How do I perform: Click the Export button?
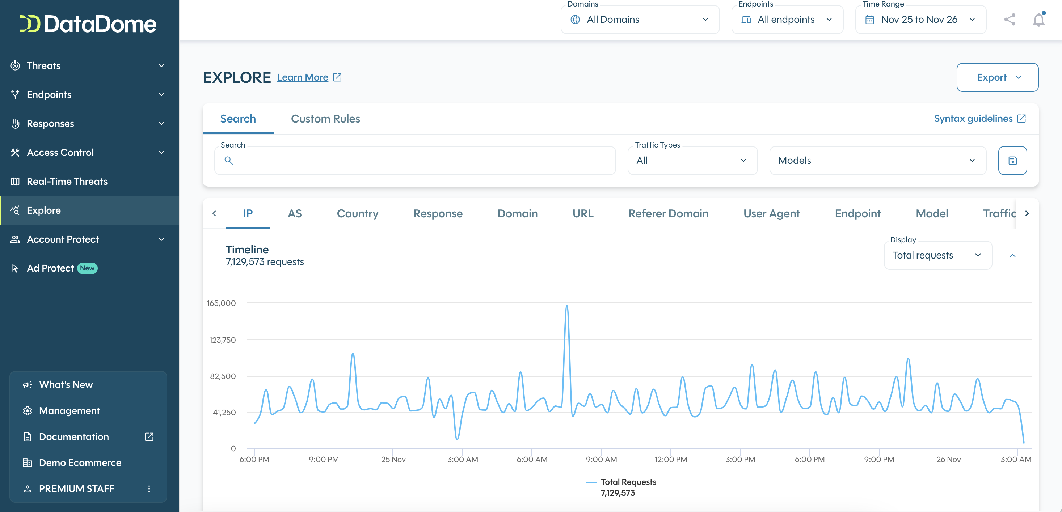click(997, 77)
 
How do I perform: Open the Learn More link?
click(303, 77)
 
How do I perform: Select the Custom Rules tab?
click(325, 119)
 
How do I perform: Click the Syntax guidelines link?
click(973, 119)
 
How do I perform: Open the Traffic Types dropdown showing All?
click(692, 161)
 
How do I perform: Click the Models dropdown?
click(877, 161)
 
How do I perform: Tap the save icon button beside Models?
click(1012, 161)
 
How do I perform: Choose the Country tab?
click(357, 213)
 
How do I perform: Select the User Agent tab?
click(771, 213)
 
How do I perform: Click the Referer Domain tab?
click(668, 213)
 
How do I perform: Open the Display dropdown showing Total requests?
click(937, 255)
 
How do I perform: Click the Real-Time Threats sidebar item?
click(67, 181)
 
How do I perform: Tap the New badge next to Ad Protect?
click(87, 268)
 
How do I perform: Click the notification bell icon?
click(1038, 20)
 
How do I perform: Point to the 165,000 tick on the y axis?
click(222, 303)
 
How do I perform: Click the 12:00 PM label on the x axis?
click(670, 459)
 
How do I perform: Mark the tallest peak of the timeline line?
click(567, 306)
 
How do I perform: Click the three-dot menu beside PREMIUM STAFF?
click(149, 489)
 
